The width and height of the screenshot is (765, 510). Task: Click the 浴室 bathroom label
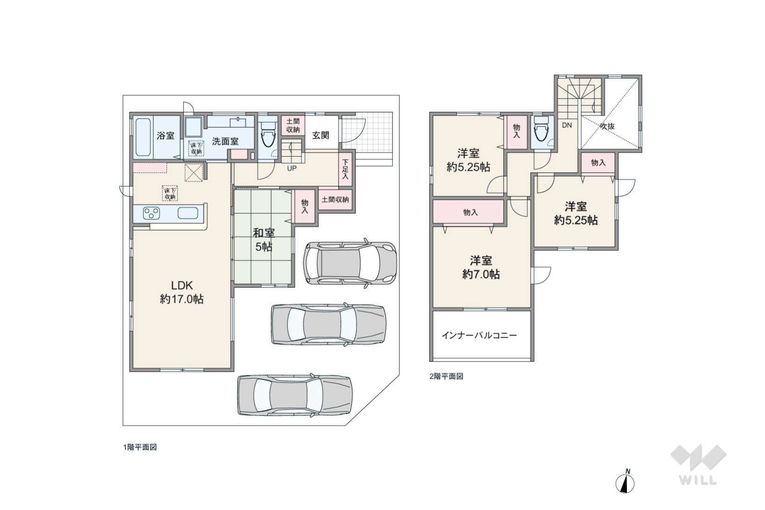tap(166, 136)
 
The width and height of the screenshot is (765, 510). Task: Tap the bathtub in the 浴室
tap(143, 137)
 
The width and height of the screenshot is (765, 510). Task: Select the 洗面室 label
tap(225, 141)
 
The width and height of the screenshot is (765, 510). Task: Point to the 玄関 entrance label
tap(321, 135)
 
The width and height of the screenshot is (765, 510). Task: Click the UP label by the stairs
tap(292, 168)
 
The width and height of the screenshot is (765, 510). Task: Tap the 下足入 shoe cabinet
tap(345, 169)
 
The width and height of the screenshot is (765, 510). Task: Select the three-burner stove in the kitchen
tap(151, 213)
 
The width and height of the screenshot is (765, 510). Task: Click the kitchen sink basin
tap(188, 213)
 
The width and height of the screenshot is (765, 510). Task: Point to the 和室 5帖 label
tap(264, 240)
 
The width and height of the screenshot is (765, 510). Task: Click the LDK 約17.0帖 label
tap(182, 292)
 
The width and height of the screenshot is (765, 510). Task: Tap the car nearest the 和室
tap(350, 263)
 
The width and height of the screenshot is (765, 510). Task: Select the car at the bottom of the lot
tap(295, 395)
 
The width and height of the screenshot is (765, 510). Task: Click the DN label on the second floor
tap(567, 125)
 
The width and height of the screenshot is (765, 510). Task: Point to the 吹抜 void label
tap(607, 126)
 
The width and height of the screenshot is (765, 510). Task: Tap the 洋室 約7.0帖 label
tap(481, 267)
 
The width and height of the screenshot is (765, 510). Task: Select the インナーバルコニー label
tap(479, 335)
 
